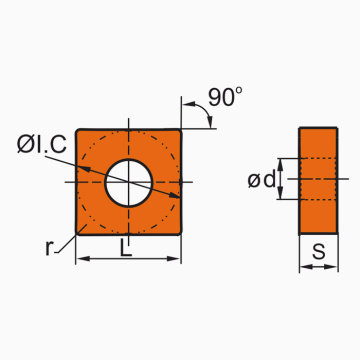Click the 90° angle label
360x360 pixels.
point(225,97)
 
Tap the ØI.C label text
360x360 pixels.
point(42,145)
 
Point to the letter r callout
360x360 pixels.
point(49,248)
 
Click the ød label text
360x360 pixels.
point(262,180)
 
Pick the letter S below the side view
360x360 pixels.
point(319,252)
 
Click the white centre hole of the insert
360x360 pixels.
point(129,183)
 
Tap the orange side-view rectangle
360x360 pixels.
point(318,181)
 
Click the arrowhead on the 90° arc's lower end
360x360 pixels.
point(210,123)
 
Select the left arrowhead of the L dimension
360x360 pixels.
point(83,259)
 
